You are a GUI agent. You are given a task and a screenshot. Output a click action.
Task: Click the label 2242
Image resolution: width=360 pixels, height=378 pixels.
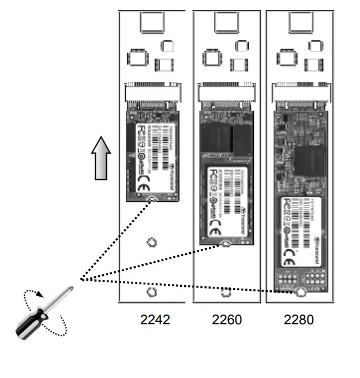pyautogui.click(x=155, y=319)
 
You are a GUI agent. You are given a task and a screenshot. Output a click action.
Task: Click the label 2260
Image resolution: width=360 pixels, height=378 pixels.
pyautogui.click(x=227, y=319)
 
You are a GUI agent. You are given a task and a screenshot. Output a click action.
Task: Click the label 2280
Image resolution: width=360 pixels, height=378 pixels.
pyautogui.click(x=299, y=319)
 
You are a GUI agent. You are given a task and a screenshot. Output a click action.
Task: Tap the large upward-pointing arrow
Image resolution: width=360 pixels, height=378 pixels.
pyautogui.click(x=100, y=159)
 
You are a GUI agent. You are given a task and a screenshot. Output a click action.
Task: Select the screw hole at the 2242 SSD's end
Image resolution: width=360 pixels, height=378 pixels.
pyautogui.click(x=152, y=200)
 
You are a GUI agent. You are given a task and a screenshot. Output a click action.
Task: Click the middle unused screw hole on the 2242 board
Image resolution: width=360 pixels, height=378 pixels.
pyautogui.click(x=152, y=242)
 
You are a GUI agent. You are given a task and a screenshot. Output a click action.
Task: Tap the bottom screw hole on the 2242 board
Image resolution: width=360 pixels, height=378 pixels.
pyautogui.click(x=152, y=292)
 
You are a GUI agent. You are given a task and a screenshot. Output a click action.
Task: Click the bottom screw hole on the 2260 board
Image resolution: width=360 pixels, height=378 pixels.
pyautogui.click(x=226, y=292)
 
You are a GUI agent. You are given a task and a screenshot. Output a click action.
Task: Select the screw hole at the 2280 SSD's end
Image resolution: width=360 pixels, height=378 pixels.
pyautogui.click(x=300, y=292)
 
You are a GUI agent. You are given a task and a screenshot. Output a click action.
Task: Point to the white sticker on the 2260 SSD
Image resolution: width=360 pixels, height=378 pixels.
pyautogui.click(x=227, y=202)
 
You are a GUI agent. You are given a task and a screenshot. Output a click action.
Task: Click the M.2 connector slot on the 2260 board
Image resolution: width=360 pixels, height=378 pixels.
pyautogui.click(x=226, y=93)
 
